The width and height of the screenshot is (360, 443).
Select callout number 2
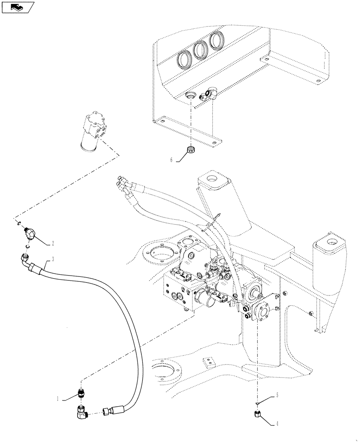pos(53,243)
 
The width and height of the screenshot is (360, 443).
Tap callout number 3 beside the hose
pos(53,259)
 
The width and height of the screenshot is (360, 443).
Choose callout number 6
pos(171,160)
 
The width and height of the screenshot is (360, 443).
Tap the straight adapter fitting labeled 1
pos(81,392)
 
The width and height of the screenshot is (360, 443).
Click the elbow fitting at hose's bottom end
pos(82,413)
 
